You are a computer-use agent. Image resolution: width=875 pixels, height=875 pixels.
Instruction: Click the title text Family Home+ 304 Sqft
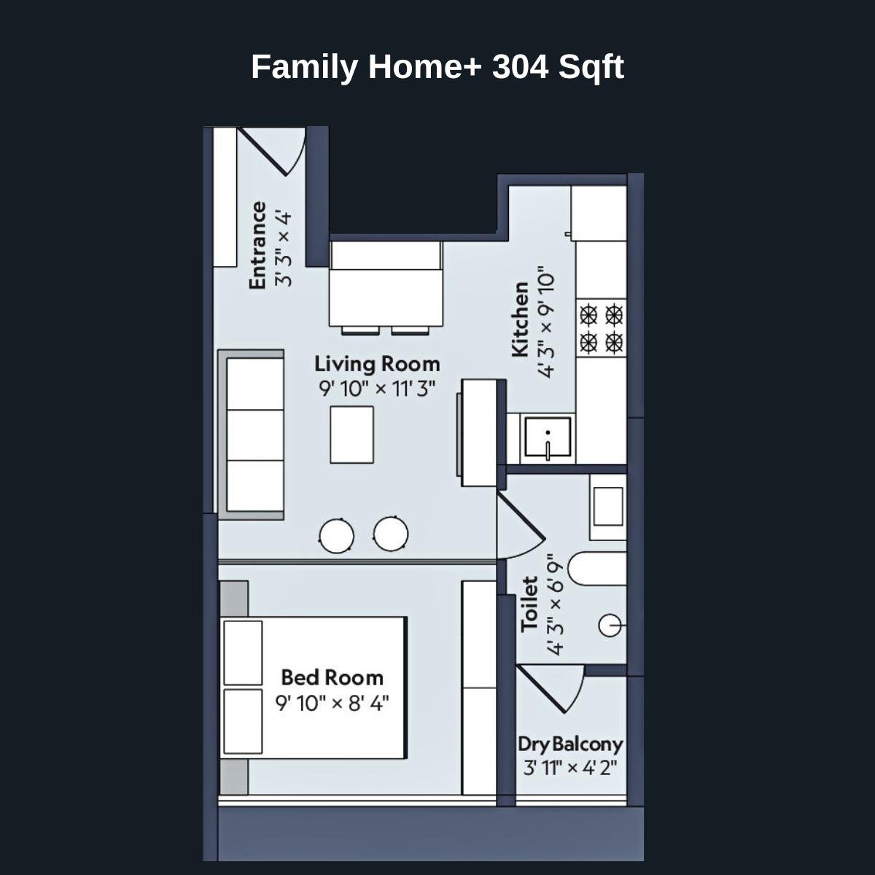point(437,67)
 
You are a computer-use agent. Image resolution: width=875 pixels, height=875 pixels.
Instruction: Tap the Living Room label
point(377,363)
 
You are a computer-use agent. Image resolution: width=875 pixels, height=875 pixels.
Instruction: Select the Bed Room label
point(332,677)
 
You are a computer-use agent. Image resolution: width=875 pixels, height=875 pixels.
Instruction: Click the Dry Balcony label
point(570,744)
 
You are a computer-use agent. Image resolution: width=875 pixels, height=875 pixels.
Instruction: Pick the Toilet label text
point(530,604)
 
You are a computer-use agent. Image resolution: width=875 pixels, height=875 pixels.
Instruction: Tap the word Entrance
point(257,245)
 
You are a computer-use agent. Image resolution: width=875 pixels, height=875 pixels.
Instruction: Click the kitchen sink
point(548,437)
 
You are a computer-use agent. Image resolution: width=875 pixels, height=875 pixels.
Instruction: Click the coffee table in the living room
point(351,435)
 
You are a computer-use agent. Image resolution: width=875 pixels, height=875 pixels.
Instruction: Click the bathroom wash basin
point(608,506)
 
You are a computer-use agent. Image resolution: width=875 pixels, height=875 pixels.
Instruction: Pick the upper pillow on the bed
point(243,653)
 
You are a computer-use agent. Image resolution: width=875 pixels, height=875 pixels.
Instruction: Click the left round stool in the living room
point(337,535)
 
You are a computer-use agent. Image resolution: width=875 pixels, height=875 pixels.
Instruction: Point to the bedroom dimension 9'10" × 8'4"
point(332,704)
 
